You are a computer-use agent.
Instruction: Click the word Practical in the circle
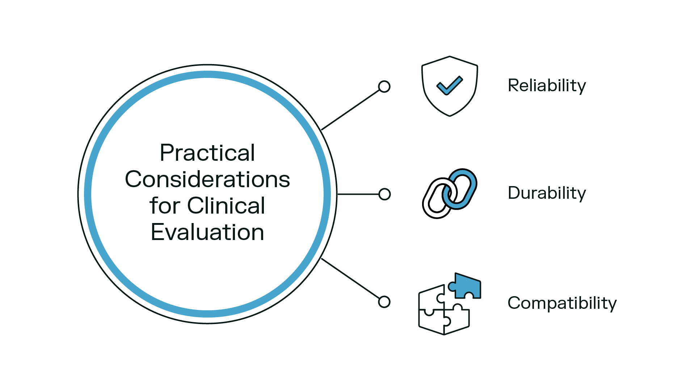pos(207,153)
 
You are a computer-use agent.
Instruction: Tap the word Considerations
pos(207,179)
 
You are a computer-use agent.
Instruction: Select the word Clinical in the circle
pos(226,206)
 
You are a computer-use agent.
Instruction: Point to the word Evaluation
pos(207,232)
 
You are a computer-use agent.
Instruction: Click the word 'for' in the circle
pos(165,206)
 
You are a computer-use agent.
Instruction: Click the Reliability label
pos(547,86)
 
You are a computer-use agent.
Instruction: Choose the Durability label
pos(547,193)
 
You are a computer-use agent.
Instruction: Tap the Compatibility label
pos(562,303)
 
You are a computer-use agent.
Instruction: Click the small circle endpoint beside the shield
pos(384,87)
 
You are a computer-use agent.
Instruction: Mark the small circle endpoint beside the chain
pos(384,194)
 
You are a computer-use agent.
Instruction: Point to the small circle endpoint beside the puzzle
pos(384,302)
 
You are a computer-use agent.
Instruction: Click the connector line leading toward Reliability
pos(350,110)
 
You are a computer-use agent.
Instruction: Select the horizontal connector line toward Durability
pos(358,194)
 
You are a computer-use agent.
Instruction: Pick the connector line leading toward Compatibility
pos(350,278)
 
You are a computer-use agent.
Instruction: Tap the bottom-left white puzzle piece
pos(431,321)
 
